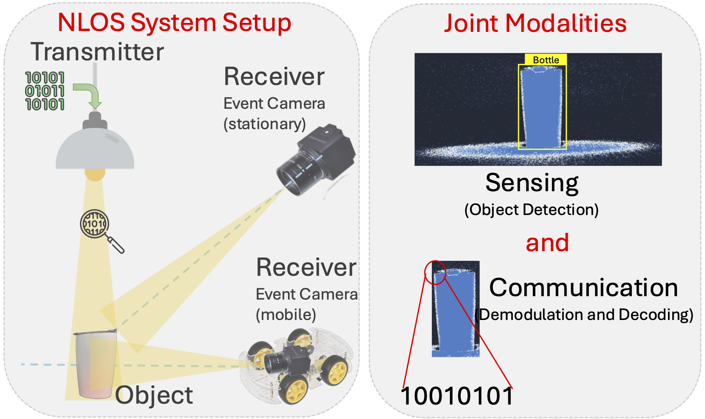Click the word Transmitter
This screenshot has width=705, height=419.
tap(97, 52)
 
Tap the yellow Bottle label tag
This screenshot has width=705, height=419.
tap(546, 60)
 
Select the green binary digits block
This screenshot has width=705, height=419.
tap(45, 91)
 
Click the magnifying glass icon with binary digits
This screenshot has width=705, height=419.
tap(95, 224)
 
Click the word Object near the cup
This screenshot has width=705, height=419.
tap(154, 395)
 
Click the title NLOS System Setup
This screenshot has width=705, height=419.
tap(174, 23)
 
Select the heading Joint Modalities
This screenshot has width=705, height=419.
tap(535, 23)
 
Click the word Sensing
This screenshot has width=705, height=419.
tap(532, 183)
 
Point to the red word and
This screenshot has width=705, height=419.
tap(547, 243)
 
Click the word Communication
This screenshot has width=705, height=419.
tap(583, 288)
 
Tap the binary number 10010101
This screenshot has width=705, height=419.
tap(457, 396)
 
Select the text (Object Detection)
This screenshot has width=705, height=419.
tap(531, 210)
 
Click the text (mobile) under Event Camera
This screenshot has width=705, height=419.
tap(286, 315)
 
